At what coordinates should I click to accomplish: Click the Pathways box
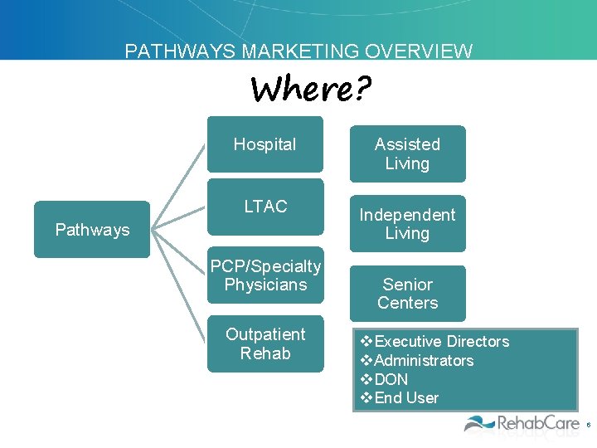pyautogui.click(x=91, y=230)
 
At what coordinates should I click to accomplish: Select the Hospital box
pyautogui.click(x=265, y=145)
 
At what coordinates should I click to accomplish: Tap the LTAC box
pyautogui.click(x=265, y=207)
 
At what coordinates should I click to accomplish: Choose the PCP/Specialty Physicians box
pyautogui.click(x=265, y=276)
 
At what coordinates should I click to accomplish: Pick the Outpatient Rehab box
pyautogui.click(x=265, y=343)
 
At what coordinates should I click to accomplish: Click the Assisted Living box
pyautogui.click(x=407, y=154)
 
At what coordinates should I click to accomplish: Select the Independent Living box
pyautogui.click(x=407, y=224)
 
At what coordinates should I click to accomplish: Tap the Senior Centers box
pyautogui.click(x=407, y=294)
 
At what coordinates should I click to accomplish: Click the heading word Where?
pyautogui.click(x=311, y=88)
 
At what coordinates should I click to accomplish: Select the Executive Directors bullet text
pyautogui.click(x=441, y=342)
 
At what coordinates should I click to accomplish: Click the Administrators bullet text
pyautogui.click(x=423, y=361)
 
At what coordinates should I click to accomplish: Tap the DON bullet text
pyautogui.click(x=391, y=379)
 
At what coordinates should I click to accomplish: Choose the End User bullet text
pyautogui.click(x=405, y=398)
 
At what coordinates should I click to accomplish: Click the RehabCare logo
pyautogui.click(x=522, y=424)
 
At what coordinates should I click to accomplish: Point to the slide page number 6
pyautogui.click(x=588, y=425)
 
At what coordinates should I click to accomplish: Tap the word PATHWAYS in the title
pyautogui.click(x=181, y=51)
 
